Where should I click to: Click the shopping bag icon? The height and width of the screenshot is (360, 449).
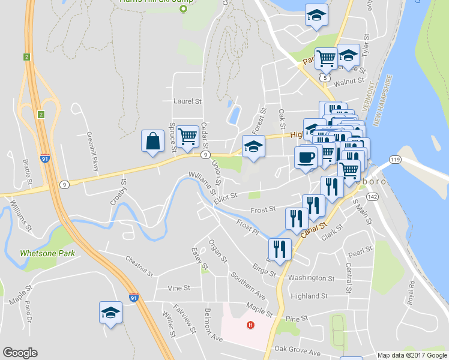point(152,142)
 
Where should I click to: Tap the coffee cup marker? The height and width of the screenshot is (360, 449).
point(306,158)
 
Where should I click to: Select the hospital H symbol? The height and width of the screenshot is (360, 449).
point(250,326)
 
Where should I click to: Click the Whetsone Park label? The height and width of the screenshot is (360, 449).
point(47,253)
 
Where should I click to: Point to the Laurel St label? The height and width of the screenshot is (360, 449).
point(187,101)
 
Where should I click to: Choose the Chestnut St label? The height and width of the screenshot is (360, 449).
point(140,262)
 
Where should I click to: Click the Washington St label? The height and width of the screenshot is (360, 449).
point(311,278)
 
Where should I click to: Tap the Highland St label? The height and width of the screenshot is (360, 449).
point(309,296)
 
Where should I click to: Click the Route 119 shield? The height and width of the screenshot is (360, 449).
point(394,160)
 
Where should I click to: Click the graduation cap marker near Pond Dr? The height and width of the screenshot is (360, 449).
point(110,312)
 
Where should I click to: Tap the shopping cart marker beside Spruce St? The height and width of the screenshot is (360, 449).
point(188,137)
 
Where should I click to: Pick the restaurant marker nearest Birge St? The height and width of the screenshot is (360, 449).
point(279,248)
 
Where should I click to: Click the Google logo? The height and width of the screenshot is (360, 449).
point(20,353)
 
